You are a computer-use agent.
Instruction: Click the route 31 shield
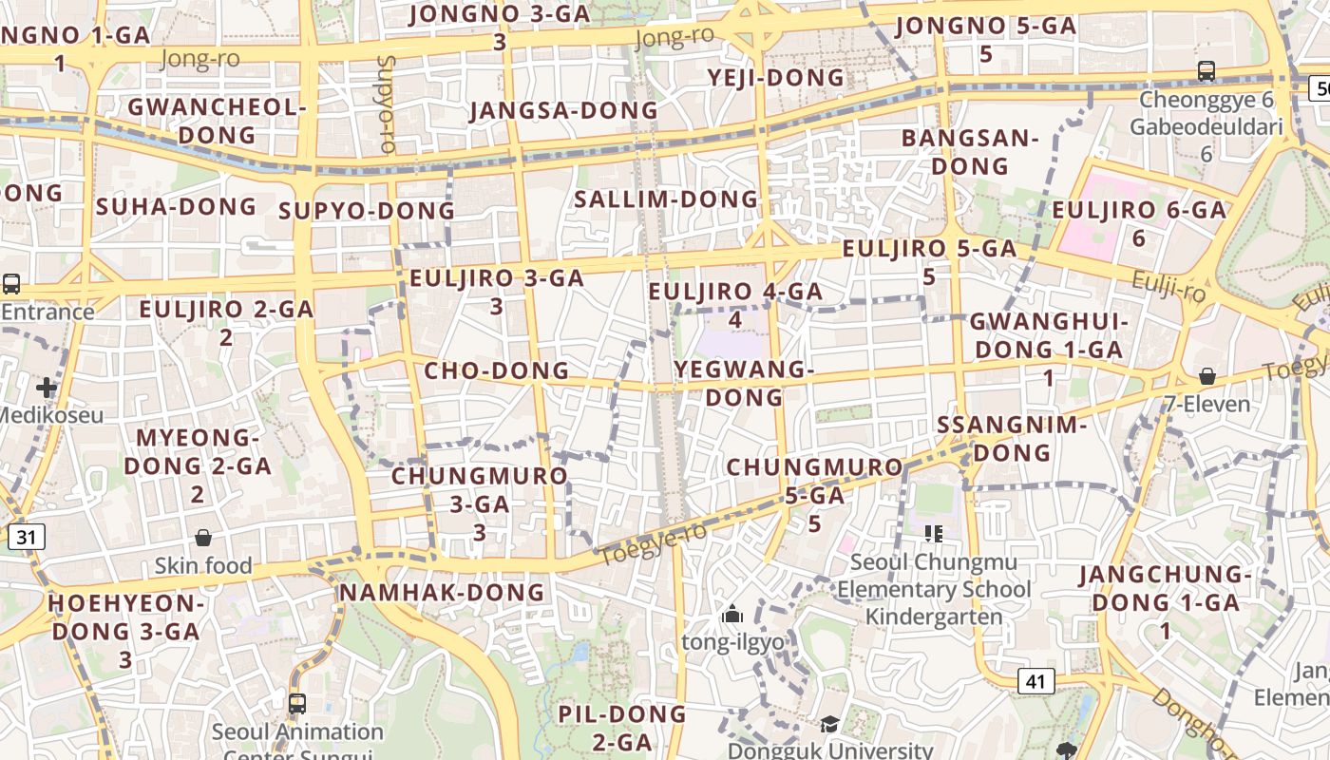click(x=26, y=538)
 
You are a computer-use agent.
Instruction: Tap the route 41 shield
click(x=1035, y=680)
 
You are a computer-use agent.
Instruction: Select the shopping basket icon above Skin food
click(x=202, y=539)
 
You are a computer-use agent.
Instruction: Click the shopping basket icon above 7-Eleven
click(x=1206, y=376)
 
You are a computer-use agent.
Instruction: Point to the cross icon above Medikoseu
click(x=47, y=387)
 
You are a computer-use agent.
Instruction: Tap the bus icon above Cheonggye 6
click(x=1206, y=71)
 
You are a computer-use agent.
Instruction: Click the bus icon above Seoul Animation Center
click(x=297, y=704)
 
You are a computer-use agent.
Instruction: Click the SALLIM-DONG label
click(x=666, y=199)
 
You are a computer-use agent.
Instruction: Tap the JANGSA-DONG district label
click(x=563, y=111)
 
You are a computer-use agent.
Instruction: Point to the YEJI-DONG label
click(x=776, y=78)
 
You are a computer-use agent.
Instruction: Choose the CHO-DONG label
click(x=496, y=370)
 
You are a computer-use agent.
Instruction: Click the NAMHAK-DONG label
click(x=442, y=593)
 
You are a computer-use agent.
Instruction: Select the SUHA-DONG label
click(x=177, y=206)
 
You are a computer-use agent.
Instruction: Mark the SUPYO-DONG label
click(x=367, y=211)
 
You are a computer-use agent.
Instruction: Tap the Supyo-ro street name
click(x=386, y=104)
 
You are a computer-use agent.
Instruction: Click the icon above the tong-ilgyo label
click(x=731, y=616)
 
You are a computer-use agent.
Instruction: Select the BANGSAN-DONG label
click(x=970, y=152)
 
